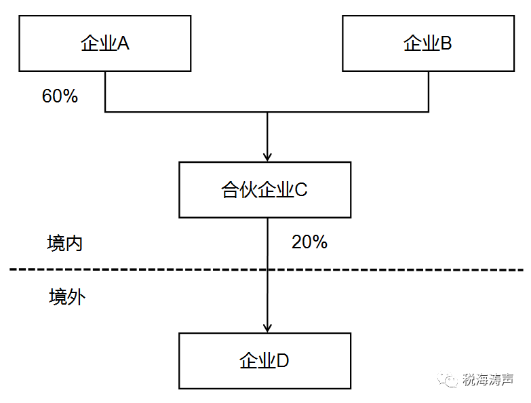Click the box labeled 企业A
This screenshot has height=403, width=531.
(x=105, y=43)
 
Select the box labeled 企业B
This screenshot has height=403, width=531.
(x=429, y=43)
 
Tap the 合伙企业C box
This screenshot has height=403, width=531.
(x=265, y=190)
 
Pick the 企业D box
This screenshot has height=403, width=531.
(x=265, y=361)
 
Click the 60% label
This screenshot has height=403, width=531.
(x=60, y=96)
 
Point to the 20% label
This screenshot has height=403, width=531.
(x=309, y=242)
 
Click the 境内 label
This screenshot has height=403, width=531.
(x=64, y=243)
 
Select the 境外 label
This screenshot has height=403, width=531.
(x=67, y=297)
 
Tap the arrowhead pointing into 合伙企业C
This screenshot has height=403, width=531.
(x=267, y=157)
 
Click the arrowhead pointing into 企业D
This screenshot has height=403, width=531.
(x=267, y=328)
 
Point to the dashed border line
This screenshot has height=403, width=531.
(x=267, y=269)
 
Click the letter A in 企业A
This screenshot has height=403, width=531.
(x=123, y=43)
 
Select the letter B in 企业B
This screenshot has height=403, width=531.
(x=446, y=43)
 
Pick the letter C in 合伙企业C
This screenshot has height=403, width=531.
(x=301, y=190)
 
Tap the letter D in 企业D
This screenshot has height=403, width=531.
(x=282, y=361)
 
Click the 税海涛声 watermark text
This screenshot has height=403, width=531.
(x=488, y=380)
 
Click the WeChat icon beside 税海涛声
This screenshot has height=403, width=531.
(x=448, y=380)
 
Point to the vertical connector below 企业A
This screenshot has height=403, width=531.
(x=105, y=92)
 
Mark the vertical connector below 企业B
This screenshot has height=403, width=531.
(x=429, y=92)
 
